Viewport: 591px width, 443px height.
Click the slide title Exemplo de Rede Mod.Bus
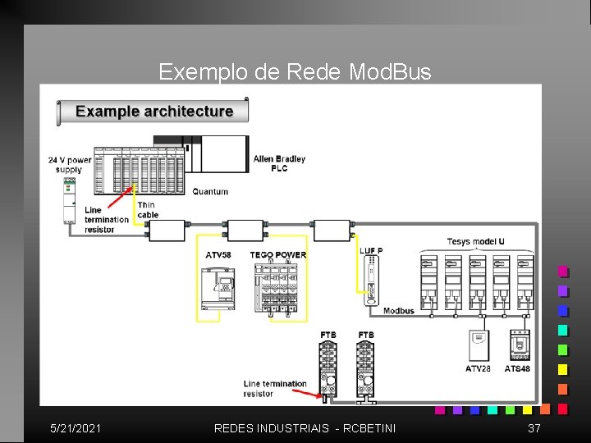295,72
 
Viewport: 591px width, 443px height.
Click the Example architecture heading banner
153,112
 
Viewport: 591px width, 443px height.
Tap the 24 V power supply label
70,164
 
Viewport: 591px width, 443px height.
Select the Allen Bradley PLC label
279,163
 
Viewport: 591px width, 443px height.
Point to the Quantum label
210,192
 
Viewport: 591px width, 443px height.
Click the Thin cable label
148,210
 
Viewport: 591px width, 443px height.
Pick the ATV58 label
218,255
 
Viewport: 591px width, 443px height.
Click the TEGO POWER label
277,255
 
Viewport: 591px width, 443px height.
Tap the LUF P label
371,250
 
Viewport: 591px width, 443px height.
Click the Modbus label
399,311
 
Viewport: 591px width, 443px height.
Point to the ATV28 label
479,369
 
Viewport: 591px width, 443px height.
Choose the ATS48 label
517,369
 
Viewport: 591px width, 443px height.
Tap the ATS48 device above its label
519,345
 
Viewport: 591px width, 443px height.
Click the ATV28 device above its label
479,345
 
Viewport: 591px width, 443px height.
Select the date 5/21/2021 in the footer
76,428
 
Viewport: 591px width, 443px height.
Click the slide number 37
534,428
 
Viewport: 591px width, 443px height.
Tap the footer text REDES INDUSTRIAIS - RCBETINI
305,428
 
